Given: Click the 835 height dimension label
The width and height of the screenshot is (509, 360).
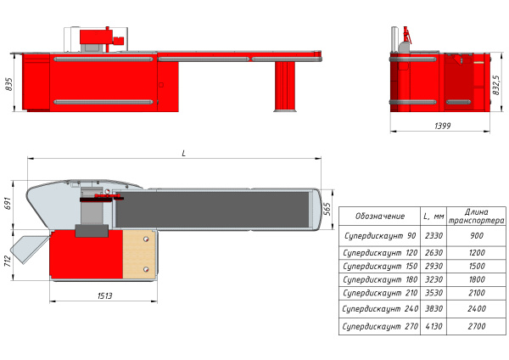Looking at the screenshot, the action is [9, 84].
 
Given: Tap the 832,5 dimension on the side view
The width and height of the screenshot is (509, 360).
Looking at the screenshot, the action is [496, 85].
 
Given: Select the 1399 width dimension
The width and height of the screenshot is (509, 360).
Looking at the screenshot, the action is [443, 126].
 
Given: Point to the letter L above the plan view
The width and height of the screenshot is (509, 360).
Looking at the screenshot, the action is [184, 154].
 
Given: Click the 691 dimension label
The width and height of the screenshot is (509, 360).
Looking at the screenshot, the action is [8, 203].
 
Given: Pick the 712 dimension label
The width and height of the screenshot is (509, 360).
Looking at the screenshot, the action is [8, 261].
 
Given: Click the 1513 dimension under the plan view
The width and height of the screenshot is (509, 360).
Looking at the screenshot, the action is [104, 295].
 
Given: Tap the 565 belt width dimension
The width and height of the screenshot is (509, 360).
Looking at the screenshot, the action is [327, 209].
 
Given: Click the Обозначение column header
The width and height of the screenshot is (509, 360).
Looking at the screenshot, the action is [380, 216].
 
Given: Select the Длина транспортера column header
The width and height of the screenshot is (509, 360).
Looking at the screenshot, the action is [476, 217].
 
